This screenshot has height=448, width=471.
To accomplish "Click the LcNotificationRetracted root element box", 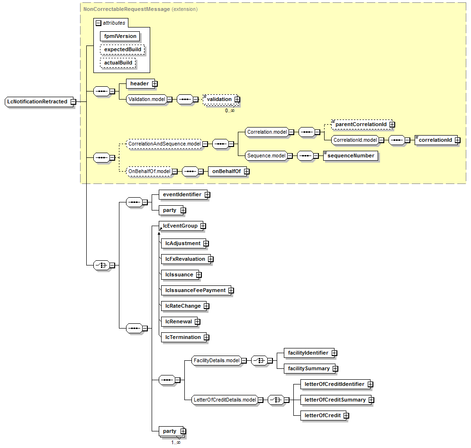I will click(x=37, y=101).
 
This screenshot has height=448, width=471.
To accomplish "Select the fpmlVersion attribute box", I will click(x=120, y=36).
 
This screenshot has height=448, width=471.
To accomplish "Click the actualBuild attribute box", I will click(x=118, y=63).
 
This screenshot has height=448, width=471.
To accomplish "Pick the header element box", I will click(x=139, y=83).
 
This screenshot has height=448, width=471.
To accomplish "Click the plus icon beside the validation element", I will click(x=237, y=99).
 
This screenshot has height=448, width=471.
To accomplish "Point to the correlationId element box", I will click(x=435, y=140).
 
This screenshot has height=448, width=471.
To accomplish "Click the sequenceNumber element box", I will click(x=351, y=155).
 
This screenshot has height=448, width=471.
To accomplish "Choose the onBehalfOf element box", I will click(x=226, y=172).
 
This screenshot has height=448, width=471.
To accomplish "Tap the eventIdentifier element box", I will click(x=182, y=194).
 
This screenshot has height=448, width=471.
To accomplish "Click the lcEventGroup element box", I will click(x=181, y=226).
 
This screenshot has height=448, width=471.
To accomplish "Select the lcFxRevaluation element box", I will click(x=185, y=259).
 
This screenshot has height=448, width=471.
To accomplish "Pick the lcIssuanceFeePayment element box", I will click(x=195, y=290).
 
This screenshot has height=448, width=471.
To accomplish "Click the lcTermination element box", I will click(x=182, y=337).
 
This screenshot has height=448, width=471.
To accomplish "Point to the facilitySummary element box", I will click(x=308, y=368).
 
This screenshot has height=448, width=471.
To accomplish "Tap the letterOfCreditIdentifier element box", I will click(x=334, y=384).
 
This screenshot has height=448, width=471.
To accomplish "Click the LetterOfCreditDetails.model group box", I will click(x=225, y=400).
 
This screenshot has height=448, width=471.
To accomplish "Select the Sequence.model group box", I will click(x=266, y=155).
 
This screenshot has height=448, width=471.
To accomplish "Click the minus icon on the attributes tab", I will click(x=98, y=23).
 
